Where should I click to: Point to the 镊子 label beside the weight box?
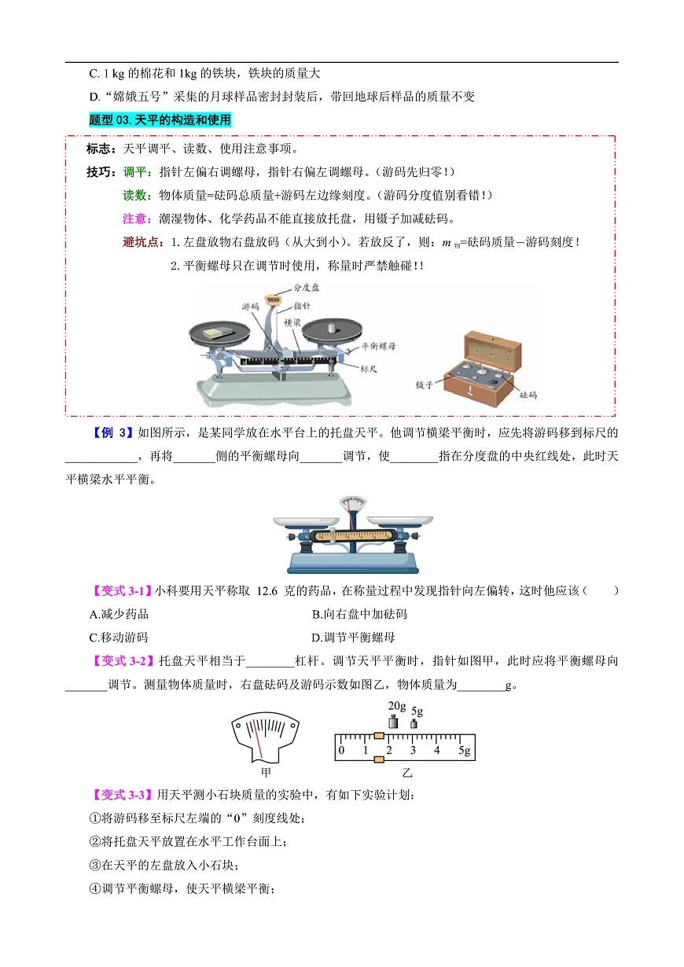click(425, 384)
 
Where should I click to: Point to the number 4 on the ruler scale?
click(437, 751)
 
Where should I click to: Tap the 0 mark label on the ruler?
click(340, 751)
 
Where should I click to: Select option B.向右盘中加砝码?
click(359, 614)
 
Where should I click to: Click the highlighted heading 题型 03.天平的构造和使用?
click(160, 119)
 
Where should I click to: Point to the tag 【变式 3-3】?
click(123, 795)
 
